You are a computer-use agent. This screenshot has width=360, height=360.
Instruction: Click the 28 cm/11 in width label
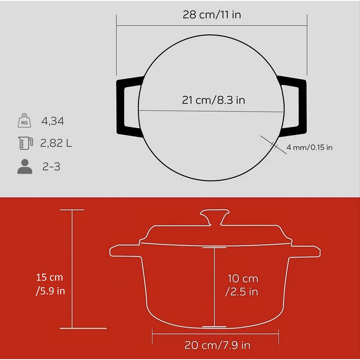click(x=211, y=15)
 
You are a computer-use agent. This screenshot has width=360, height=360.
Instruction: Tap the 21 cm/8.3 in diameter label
click(x=213, y=100)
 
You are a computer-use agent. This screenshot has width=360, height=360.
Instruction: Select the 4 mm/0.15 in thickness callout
click(x=309, y=147)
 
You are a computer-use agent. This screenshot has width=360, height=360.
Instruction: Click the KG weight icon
click(x=25, y=120)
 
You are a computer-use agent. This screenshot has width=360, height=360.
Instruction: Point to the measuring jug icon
click(x=26, y=143)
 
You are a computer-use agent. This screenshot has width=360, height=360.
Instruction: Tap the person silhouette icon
click(x=25, y=166)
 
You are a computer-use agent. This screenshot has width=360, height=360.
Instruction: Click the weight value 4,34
click(x=53, y=121)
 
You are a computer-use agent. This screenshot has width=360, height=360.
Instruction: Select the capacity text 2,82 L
click(x=56, y=143)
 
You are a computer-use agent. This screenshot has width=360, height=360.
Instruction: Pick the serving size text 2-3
click(x=51, y=166)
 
